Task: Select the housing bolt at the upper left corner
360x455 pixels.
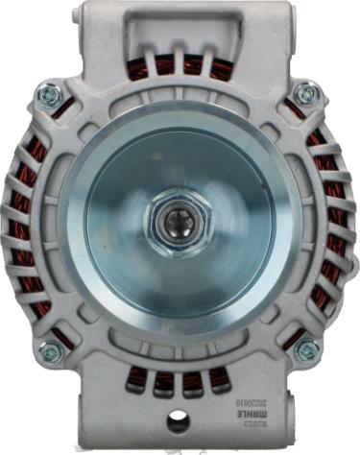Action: [x=49, y=94]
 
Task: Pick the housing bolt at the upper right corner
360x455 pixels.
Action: [x=306, y=93]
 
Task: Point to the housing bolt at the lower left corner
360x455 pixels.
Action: [x=49, y=351]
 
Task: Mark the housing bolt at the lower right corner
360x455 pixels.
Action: [x=306, y=351]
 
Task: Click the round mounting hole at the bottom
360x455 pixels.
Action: [x=178, y=419]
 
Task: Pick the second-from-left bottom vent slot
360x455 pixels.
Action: [x=165, y=380]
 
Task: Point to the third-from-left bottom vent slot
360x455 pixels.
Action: [x=192, y=380]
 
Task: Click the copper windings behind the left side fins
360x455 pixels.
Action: [x=23, y=221]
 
